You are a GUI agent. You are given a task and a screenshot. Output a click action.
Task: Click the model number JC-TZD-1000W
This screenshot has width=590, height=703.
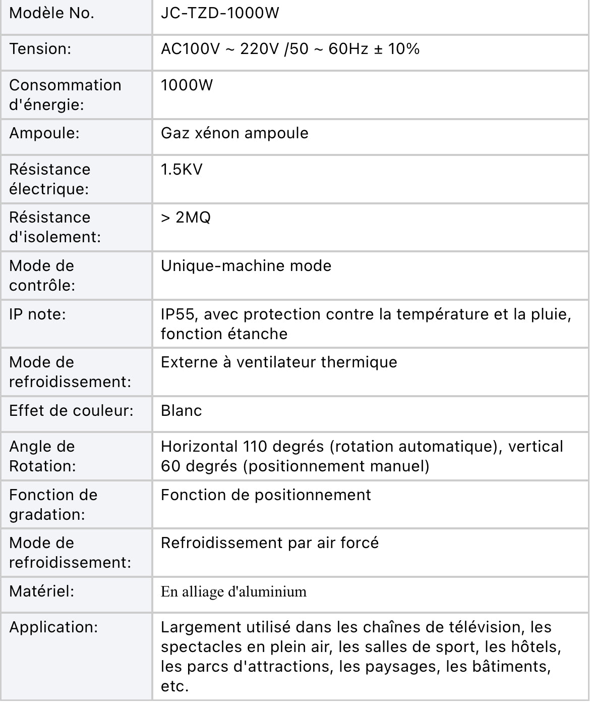220,13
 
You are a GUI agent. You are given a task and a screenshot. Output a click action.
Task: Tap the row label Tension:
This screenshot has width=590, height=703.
40,49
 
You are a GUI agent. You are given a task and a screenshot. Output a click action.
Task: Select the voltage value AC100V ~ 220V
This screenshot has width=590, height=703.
220,49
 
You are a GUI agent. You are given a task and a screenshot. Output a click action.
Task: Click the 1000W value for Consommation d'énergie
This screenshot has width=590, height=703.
187,85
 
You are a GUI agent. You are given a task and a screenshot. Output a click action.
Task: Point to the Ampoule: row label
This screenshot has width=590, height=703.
44,133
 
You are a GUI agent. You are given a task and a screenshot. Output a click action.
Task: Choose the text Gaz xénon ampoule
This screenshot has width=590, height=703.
234,133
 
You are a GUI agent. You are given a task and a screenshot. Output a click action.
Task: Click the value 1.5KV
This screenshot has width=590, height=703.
182,169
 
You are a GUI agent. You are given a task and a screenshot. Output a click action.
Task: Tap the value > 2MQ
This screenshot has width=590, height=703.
186,218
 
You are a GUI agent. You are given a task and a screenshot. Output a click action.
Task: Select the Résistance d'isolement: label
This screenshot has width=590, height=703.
55,227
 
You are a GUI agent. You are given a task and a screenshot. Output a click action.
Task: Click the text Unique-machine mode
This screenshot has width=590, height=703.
246,266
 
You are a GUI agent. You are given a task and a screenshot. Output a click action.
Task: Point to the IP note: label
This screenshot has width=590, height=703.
38,314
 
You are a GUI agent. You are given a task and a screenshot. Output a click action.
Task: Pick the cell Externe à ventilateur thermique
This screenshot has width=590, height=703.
279,362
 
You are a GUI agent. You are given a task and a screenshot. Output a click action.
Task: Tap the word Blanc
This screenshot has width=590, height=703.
182,411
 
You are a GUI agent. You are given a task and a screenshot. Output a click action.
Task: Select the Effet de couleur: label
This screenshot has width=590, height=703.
71,411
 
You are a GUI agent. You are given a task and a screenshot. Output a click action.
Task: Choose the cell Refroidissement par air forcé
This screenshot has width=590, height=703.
270,543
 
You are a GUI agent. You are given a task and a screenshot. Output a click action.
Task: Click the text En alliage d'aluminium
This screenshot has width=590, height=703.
233,591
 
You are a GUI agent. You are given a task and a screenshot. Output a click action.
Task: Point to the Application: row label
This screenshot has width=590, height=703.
53,627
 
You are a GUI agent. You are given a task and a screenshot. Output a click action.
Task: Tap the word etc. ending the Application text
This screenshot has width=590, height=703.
174,686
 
